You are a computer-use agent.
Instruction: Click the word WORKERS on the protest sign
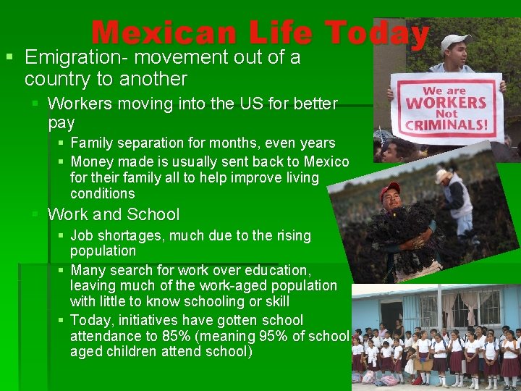click(446, 102)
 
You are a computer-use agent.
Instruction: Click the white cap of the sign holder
click(455, 42)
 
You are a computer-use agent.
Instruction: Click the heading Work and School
click(114, 214)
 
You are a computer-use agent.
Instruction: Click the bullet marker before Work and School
click(35, 214)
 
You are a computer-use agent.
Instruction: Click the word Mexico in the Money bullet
click(326, 161)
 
